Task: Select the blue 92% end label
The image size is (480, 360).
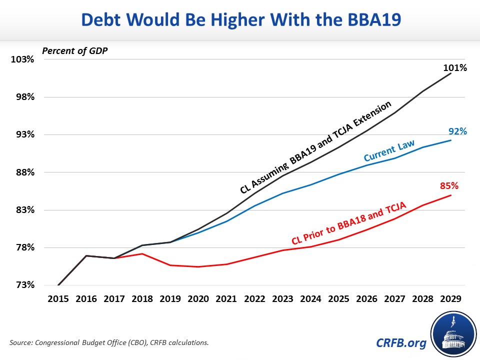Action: (457, 131)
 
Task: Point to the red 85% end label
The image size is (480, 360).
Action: (449, 186)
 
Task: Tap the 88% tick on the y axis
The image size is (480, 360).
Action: (23, 172)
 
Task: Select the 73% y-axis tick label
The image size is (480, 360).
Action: (23, 285)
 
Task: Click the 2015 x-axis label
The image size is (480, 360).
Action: (58, 298)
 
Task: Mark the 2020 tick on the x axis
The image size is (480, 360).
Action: (198, 298)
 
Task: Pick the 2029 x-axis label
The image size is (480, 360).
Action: (450, 298)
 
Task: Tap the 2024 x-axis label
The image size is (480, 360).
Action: (310, 298)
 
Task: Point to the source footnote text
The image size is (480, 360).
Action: (109, 342)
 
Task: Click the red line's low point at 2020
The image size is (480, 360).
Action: (198, 266)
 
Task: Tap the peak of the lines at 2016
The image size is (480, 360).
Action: (86, 255)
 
